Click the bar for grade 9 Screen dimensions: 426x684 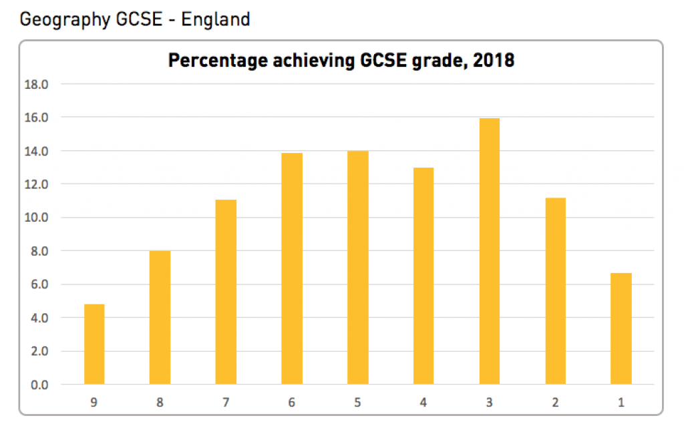(x=94, y=345)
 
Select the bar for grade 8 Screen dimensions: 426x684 (x=160, y=318)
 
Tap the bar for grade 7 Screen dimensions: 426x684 (x=226, y=292)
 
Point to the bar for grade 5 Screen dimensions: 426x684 (x=358, y=268)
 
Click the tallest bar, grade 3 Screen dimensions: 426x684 (x=490, y=252)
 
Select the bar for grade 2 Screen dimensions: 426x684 (x=556, y=292)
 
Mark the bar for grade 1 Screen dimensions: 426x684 (x=621, y=329)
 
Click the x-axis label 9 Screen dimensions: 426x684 (x=94, y=403)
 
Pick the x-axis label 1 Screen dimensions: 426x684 (x=621, y=403)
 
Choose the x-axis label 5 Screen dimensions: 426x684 (x=358, y=403)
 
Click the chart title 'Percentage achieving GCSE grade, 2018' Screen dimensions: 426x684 (x=341, y=61)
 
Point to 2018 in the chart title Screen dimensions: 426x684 (x=493, y=61)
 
